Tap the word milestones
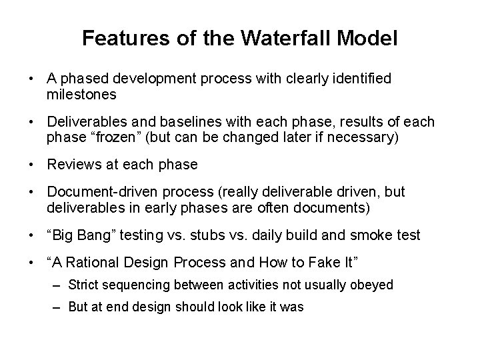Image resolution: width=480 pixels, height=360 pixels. [x=81, y=95]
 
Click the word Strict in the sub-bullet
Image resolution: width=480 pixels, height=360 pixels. [x=81, y=285]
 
